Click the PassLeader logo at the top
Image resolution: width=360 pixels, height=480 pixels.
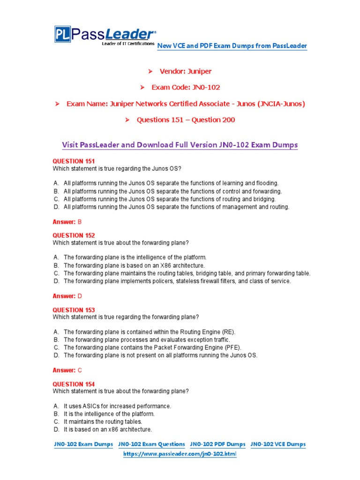click(104, 36)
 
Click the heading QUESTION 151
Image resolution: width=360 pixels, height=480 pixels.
click(74, 161)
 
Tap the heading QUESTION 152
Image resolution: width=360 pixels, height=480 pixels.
click(74, 235)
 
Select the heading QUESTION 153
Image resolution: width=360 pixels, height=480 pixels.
click(74, 310)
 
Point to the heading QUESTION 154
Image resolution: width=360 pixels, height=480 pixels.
click(74, 384)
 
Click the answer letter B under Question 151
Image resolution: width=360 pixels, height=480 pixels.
click(80, 222)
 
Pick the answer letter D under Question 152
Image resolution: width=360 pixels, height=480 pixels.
click(80, 296)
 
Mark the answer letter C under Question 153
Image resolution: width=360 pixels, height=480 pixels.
click(80, 370)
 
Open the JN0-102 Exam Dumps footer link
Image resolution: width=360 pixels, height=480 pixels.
click(83, 444)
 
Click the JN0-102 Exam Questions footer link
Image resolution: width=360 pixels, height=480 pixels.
click(151, 444)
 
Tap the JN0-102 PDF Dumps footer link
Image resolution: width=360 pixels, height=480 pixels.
click(217, 444)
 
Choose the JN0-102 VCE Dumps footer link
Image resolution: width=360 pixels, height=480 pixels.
click(278, 444)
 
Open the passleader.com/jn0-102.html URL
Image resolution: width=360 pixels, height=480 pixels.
click(180, 455)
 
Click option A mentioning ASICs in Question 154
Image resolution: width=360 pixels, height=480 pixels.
click(117, 406)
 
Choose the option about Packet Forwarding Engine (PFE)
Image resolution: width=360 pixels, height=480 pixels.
click(152, 347)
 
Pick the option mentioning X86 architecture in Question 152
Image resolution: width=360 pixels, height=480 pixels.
click(134, 265)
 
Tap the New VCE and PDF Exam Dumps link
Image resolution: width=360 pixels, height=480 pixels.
click(232, 46)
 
